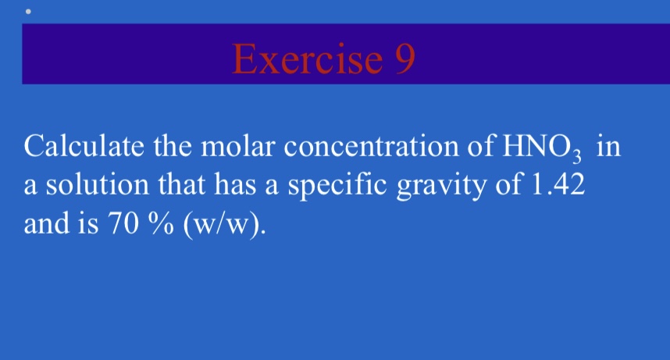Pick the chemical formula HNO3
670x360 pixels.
point(540,148)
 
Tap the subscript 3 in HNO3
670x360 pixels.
point(579,155)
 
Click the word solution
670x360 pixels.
point(86,185)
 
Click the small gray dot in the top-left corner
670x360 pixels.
point(28,12)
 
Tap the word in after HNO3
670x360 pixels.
point(608,147)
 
